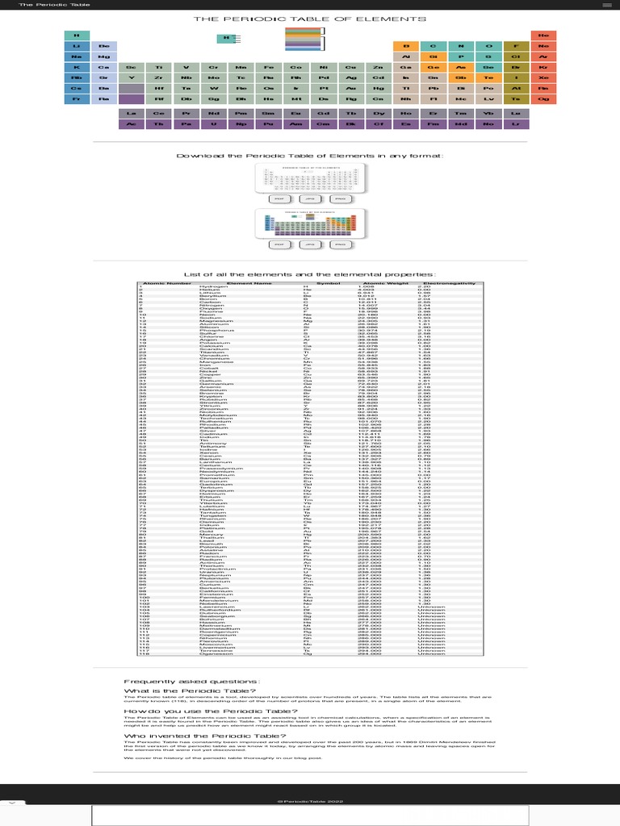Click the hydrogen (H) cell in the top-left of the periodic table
click(76, 35)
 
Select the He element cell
click(543, 35)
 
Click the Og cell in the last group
click(543, 98)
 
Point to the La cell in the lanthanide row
click(131, 114)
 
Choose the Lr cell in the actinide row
click(515, 124)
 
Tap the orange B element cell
click(406, 46)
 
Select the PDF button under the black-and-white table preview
click(279, 198)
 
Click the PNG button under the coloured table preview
click(340, 244)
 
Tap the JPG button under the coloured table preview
click(309, 244)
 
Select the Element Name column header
click(249, 283)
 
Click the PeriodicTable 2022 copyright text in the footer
click(309, 801)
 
